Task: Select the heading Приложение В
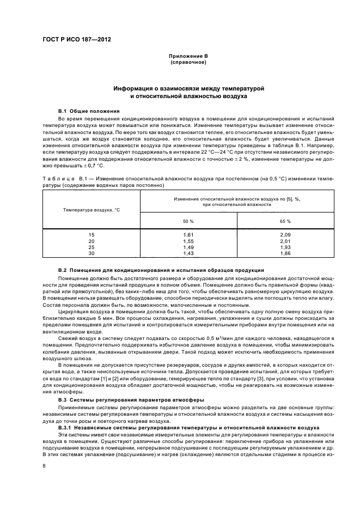(188, 56)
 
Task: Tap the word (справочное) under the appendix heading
(188, 62)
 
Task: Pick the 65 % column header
(284, 221)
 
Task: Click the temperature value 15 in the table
(91, 234)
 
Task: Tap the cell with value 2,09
(285, 234)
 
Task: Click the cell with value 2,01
(285, 241)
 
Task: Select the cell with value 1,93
(285, 247)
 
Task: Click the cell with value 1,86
(285, 254)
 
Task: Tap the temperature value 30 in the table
(91, 254)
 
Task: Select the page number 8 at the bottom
(44, 466)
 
